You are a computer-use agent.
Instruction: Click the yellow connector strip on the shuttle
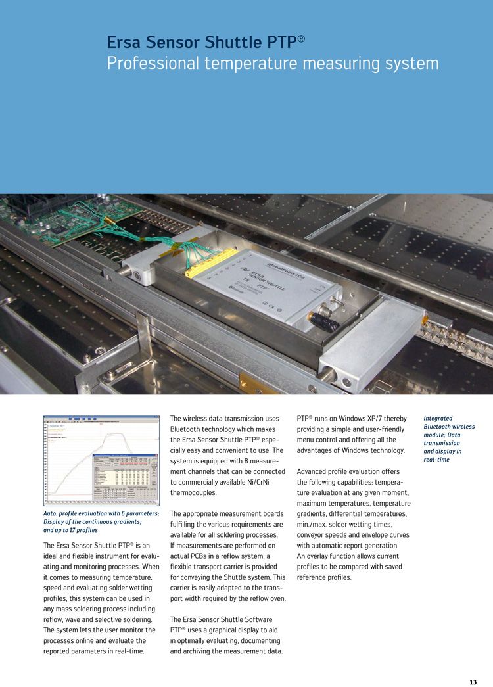pyautogui.click(x=211, y=262)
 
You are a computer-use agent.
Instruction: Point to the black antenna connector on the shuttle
pyautogui.click(x=325, y=322)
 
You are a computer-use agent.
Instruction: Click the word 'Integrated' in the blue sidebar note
pyautogui.click(x=438, y=418)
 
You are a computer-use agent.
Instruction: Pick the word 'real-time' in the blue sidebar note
pyautogui.click(x=438, y=460)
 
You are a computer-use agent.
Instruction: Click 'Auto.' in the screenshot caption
pyautogui.click(x=53, y=513)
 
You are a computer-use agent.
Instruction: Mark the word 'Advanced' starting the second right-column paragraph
pyautogui.click(x=316, y=471)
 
